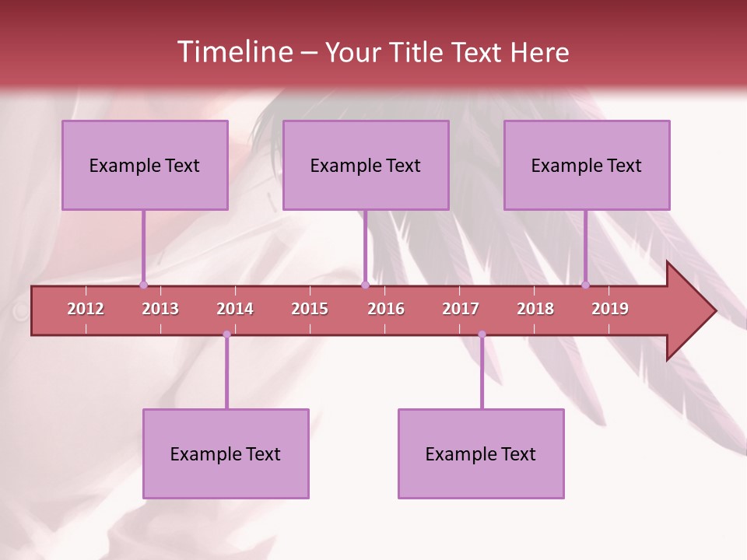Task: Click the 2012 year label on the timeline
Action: coord(86,309)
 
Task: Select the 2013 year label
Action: coord(160,309)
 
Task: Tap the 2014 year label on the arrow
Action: coord(235,309)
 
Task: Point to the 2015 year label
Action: coord(310,309)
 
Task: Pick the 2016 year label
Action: coord(386,309)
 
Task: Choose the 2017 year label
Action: coord(461,309)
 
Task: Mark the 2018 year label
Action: coord(535,309)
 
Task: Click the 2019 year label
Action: coord(610,309)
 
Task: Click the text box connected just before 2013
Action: coord(145,165)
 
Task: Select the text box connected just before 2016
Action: coord(366,165)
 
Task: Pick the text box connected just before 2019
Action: coord(587,165)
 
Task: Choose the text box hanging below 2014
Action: coord(226,453)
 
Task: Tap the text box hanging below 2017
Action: coord(481,453)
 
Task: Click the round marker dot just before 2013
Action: coord(143,285)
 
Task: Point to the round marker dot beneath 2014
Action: coord(226,334)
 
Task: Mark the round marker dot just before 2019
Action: coord(585,285)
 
